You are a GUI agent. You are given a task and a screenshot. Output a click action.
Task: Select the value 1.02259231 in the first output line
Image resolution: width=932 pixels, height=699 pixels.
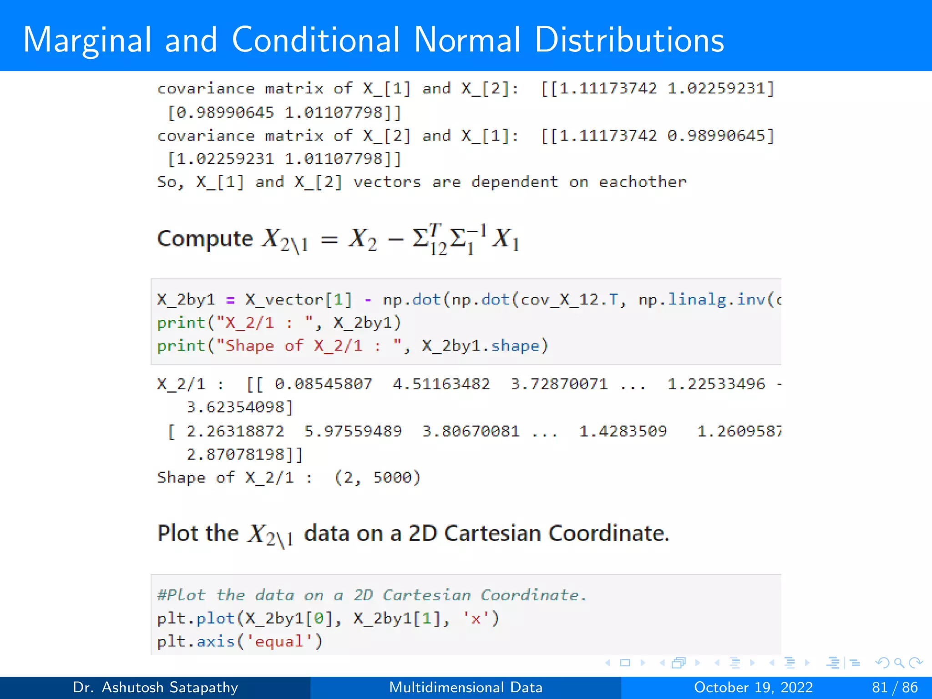[x=720, y=88]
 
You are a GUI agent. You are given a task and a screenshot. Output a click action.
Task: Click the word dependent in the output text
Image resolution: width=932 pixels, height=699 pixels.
[x=514, y=182]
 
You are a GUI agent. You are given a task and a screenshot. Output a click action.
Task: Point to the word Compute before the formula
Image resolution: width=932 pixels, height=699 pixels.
[x=205, y=239]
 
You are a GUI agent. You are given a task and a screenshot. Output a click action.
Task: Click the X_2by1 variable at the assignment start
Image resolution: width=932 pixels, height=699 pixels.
[x=186, y=299]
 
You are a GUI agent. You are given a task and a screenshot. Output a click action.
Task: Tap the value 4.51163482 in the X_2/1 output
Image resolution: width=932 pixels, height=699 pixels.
[x=441, y=384]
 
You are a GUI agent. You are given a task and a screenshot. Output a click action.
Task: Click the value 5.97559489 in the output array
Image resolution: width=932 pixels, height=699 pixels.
[x=353, y=431]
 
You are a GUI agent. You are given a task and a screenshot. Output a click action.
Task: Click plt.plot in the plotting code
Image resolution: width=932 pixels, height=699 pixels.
[x=196, y=618]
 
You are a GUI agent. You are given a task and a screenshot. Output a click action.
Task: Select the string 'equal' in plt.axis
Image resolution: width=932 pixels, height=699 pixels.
[x=279, y=642]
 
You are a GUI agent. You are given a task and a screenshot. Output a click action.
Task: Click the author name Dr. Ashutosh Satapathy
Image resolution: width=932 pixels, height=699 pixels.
[x=155, y=687]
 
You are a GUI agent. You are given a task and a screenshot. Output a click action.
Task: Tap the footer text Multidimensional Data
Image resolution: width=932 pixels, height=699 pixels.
[x=466, y=687]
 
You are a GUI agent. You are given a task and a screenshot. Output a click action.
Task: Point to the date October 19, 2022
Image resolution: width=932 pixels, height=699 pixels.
[x=753, y=687]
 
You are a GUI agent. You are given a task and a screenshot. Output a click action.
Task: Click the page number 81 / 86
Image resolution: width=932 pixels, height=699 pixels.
[x=895, y=687]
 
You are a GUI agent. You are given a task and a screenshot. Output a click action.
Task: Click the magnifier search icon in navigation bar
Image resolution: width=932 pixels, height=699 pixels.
[x=899, y=663]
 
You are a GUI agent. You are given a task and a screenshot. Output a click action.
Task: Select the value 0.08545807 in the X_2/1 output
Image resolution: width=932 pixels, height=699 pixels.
[x=323, y=384]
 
